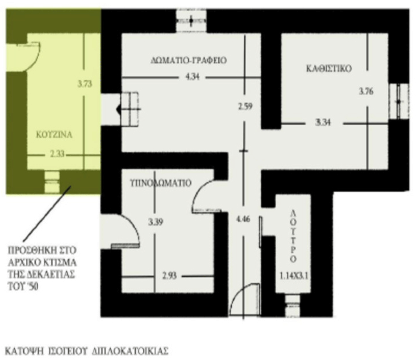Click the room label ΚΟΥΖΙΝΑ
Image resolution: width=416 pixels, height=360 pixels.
(x=54, y=134)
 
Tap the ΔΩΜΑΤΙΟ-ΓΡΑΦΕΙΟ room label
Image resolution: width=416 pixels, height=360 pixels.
(x=188, y=60)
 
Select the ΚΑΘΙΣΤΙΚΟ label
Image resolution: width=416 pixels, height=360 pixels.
(x=329, y=69)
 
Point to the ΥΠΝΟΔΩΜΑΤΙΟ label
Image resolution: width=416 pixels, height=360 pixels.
(x=161, y=183)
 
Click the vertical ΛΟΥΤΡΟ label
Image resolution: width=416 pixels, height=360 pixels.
(x=293, y=236)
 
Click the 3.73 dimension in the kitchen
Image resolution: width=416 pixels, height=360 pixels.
(x=85, y=84)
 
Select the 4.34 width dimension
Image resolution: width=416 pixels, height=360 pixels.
(x=192, y=77)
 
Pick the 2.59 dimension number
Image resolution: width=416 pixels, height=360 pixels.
(x=245, y=107)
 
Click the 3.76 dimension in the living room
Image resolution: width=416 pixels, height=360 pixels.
(x=366, y=92)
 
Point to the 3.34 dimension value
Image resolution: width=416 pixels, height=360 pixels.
(x=323, y=123)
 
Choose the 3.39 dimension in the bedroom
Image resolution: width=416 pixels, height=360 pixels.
(x=156, y=222)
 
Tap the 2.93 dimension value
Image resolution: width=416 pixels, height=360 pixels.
(x=169, y=276)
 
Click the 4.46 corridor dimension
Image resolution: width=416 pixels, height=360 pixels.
(x=243, y=219)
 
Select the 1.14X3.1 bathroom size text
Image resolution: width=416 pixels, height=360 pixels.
(x=294, y=276)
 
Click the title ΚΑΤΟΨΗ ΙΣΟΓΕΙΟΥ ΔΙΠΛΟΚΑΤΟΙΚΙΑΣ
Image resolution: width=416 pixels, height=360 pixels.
(x=87, y=351)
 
